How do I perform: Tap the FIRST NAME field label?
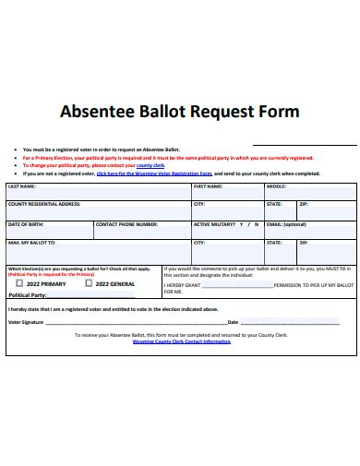[208, 185]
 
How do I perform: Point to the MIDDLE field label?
[276, 185]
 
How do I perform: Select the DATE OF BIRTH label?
[24, 224]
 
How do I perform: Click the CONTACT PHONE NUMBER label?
[126, 224]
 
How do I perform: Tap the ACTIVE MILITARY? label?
[215, 224]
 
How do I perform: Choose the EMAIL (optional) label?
[286, 224]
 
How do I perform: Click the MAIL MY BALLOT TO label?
[31, 243]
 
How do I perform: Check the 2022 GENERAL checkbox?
[89, 283]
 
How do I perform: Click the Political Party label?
[27, 295]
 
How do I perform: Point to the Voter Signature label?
[26, 321]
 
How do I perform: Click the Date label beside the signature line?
[233, 321]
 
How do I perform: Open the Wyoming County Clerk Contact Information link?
[181, 341]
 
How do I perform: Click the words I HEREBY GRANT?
[183, 286]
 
